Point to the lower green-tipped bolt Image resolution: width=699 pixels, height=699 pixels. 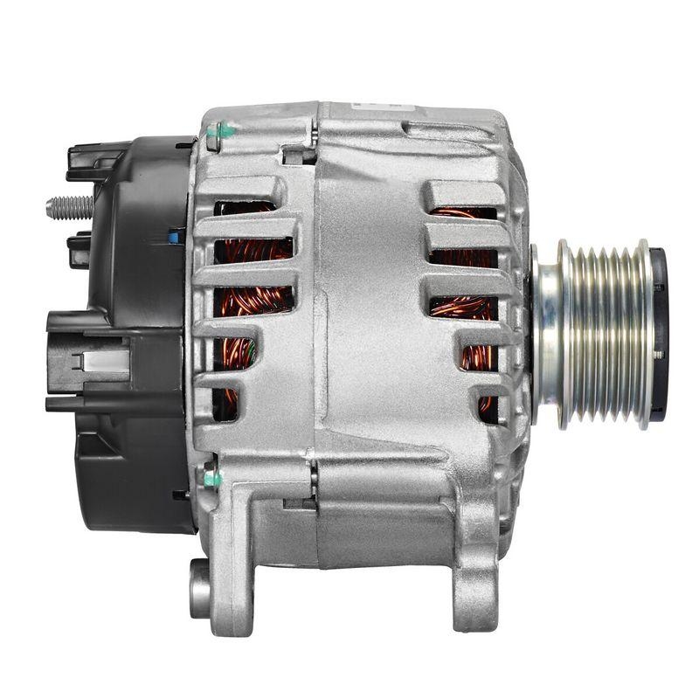(212, 477)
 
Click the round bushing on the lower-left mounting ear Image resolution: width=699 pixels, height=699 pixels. (200, 587)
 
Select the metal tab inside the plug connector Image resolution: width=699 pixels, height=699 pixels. (100, 361)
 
